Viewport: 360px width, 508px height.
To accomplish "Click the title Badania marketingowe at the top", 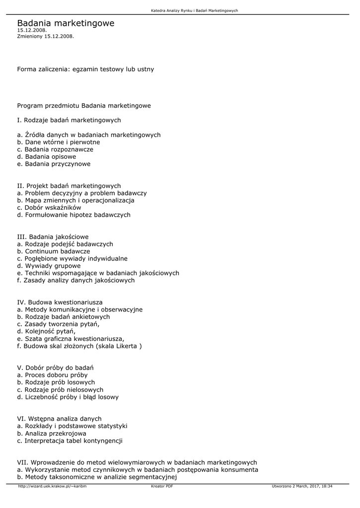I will point(66,23).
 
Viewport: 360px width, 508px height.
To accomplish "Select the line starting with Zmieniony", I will point(45,36).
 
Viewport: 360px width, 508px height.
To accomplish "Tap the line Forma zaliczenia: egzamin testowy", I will point(85,69).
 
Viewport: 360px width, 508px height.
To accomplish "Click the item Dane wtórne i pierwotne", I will point(58,142).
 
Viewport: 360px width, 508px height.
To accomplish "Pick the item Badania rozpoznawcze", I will point(55,149).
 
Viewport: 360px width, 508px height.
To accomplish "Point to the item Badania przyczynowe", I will point(54,164).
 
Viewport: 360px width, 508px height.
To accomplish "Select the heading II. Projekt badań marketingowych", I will point(69,186).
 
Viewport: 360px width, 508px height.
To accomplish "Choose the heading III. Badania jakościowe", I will point(53,237).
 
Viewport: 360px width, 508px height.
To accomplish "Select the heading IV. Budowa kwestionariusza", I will point(60,302).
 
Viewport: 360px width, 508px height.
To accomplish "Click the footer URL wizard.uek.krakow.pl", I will point(52,486).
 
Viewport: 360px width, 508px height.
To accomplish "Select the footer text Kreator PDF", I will point(162,486).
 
